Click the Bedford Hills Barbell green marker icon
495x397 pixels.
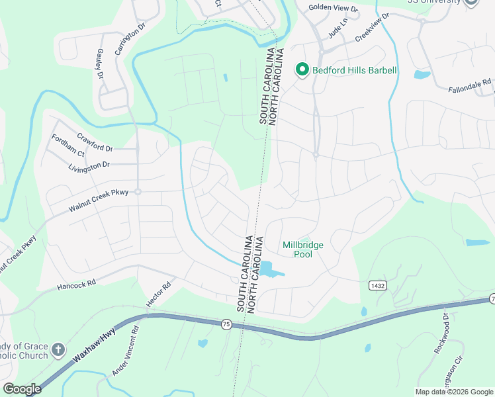(x=302, y=70)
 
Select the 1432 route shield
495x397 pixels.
(x=378, y=284)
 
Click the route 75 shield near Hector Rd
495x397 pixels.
(x=226, y=324)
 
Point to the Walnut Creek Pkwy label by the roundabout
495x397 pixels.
(x=99, y=199)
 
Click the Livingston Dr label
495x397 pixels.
(x=89, y=164)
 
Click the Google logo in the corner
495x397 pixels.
(x=22, y=389)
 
